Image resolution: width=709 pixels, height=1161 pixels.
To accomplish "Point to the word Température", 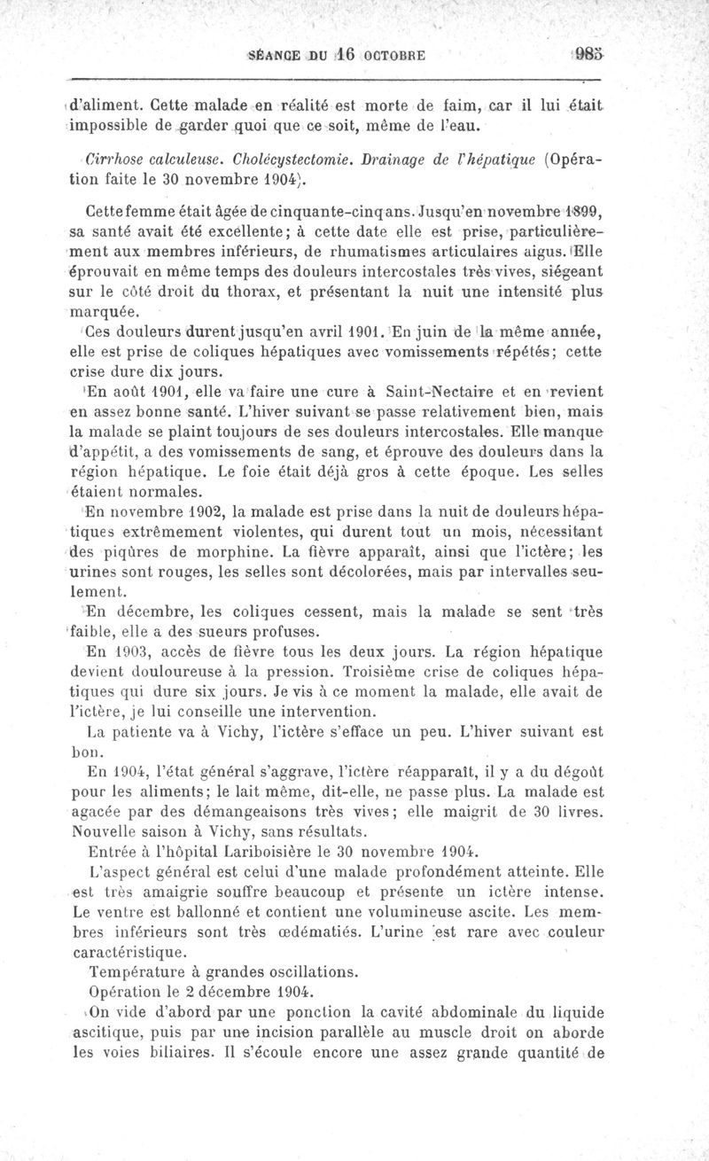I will click(x=141, y=971).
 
